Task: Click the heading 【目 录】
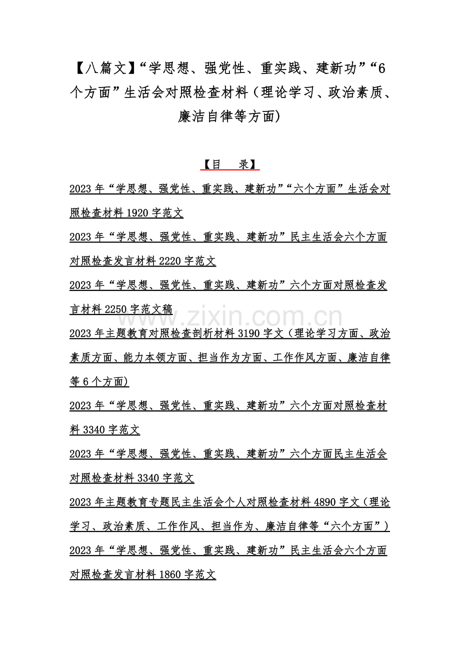coord(229,164)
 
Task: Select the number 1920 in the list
coord(137,213)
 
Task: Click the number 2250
coord(116,309)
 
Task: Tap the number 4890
coord(325,502)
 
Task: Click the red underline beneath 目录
coord(229,170)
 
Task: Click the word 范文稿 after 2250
coord(156,309)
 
